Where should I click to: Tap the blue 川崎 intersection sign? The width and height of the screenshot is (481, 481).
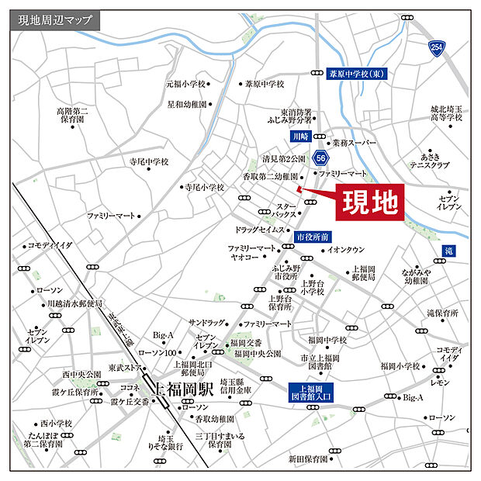[x=299, y=137]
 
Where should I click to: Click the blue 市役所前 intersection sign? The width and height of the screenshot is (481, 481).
[x=313, y=236]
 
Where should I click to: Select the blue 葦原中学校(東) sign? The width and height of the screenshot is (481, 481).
[x=361, y=74]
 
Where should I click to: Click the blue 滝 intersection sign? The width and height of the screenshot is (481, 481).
[x=448, y=251]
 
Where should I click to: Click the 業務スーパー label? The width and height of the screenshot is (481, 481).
[x=354, y=144]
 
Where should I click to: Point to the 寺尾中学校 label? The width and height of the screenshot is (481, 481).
[x=148, y=162]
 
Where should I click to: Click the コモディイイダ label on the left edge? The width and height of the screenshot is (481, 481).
[x=49, y=245]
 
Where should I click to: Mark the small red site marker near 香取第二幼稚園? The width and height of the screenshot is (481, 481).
[x=299, y=187]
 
